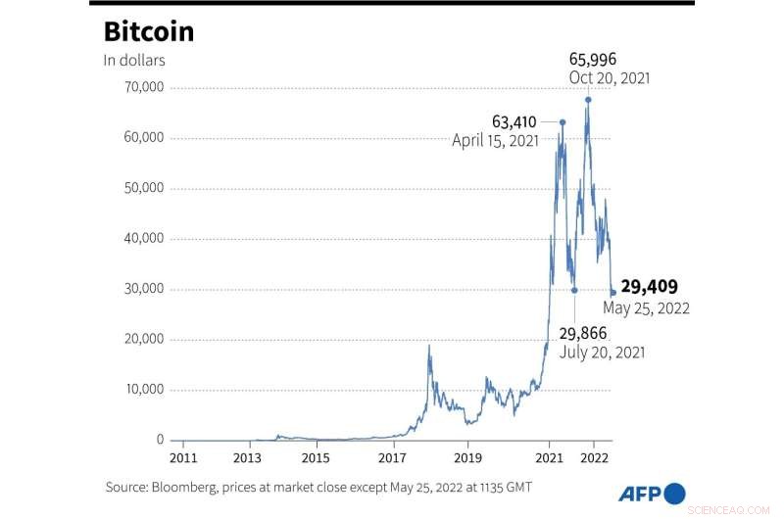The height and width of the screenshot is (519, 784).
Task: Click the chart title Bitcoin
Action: (149, 31)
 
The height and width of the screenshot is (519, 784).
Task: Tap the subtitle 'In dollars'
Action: (134, 60)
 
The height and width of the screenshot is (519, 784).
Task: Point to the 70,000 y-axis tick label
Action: (140, 88)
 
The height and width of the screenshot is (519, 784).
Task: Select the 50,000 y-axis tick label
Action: (140, 188)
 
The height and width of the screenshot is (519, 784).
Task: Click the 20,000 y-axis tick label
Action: (140, 340)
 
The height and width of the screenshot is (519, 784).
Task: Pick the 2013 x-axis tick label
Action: (248, 457)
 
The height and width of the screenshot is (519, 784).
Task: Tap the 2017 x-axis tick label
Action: (392, 457)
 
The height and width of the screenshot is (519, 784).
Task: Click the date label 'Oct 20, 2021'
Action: (609, 77)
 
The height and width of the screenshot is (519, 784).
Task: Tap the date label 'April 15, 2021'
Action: (495, 141)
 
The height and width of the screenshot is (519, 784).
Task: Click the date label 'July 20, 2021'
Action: (602, 352)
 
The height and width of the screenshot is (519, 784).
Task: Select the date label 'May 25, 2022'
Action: (646, 307)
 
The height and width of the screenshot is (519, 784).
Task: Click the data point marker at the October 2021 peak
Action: (588, 99)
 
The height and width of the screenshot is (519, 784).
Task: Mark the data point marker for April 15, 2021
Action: (562, 122)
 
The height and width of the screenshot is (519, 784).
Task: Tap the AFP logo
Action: (652, 493)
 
